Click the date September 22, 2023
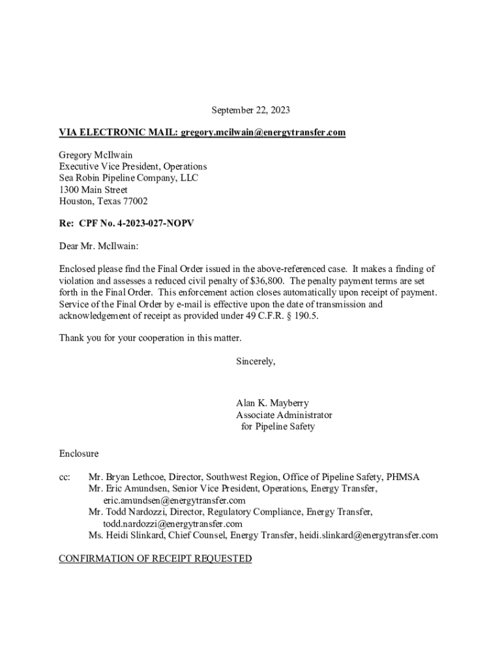pos(251,110)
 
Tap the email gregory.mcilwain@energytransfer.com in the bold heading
pos(263,132)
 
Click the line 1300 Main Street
pos(93,190)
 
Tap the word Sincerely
pos(256,361)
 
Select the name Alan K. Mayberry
pos(273,403)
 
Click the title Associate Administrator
pos(284,415)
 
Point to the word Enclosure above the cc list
pos(79,453)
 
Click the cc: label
pos(65,477)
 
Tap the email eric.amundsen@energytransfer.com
pos(174,500)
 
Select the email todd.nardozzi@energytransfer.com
pos(173,524)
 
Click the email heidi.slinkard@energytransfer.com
pos(368,536)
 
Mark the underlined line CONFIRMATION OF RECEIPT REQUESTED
pos(155,559)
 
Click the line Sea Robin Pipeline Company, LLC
pos(128,178)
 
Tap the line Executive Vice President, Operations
pos(133,166)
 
